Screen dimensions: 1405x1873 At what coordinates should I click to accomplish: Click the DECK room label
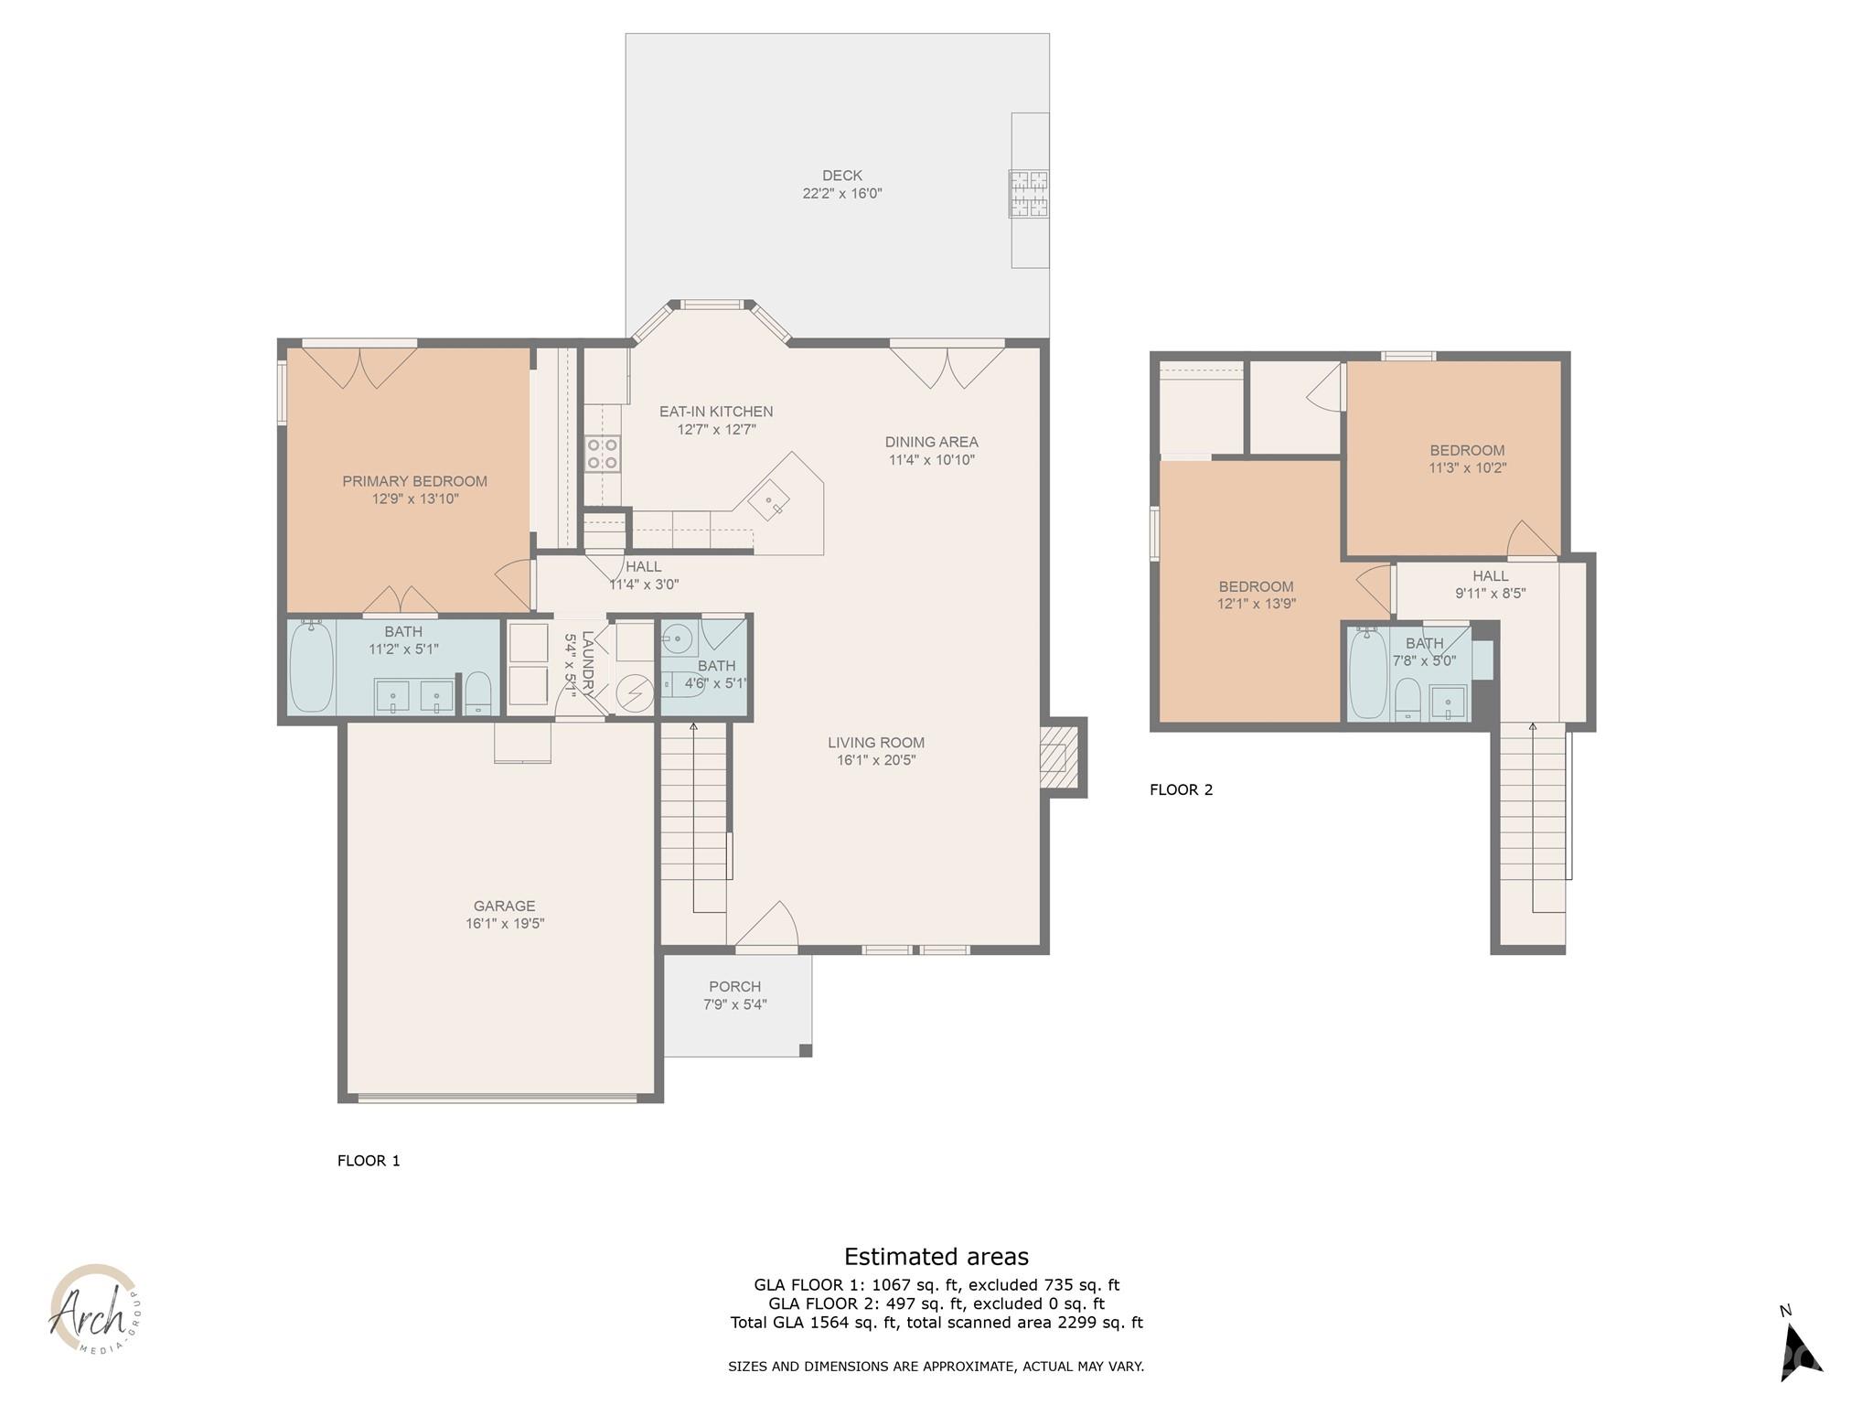(x=841, y=176)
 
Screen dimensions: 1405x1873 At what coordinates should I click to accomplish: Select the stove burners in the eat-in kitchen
(x=602, y=453)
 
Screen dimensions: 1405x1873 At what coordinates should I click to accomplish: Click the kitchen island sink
(x=773, y=501)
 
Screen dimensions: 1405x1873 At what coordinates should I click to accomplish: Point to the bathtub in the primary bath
(x=311, y=667)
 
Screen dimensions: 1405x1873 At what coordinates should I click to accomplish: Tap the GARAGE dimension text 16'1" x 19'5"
(x=504, y=924)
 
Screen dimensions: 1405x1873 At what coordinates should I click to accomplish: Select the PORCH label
(x=734, y=986)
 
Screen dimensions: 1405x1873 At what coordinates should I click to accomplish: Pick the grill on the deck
(x=1029, y=194)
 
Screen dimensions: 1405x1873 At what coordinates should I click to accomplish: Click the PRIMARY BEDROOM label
(x=414, y=481)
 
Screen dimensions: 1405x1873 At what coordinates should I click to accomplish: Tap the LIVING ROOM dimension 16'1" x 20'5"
(x=875, y=760)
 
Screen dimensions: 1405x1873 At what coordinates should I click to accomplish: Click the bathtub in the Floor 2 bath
(x=1368, y=672)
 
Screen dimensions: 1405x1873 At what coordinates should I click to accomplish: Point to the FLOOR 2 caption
(x=1181, y=789)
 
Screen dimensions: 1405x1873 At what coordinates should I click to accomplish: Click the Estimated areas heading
(x=936, y=1257)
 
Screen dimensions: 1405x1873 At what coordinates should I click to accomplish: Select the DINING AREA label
(x=931, y=442)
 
